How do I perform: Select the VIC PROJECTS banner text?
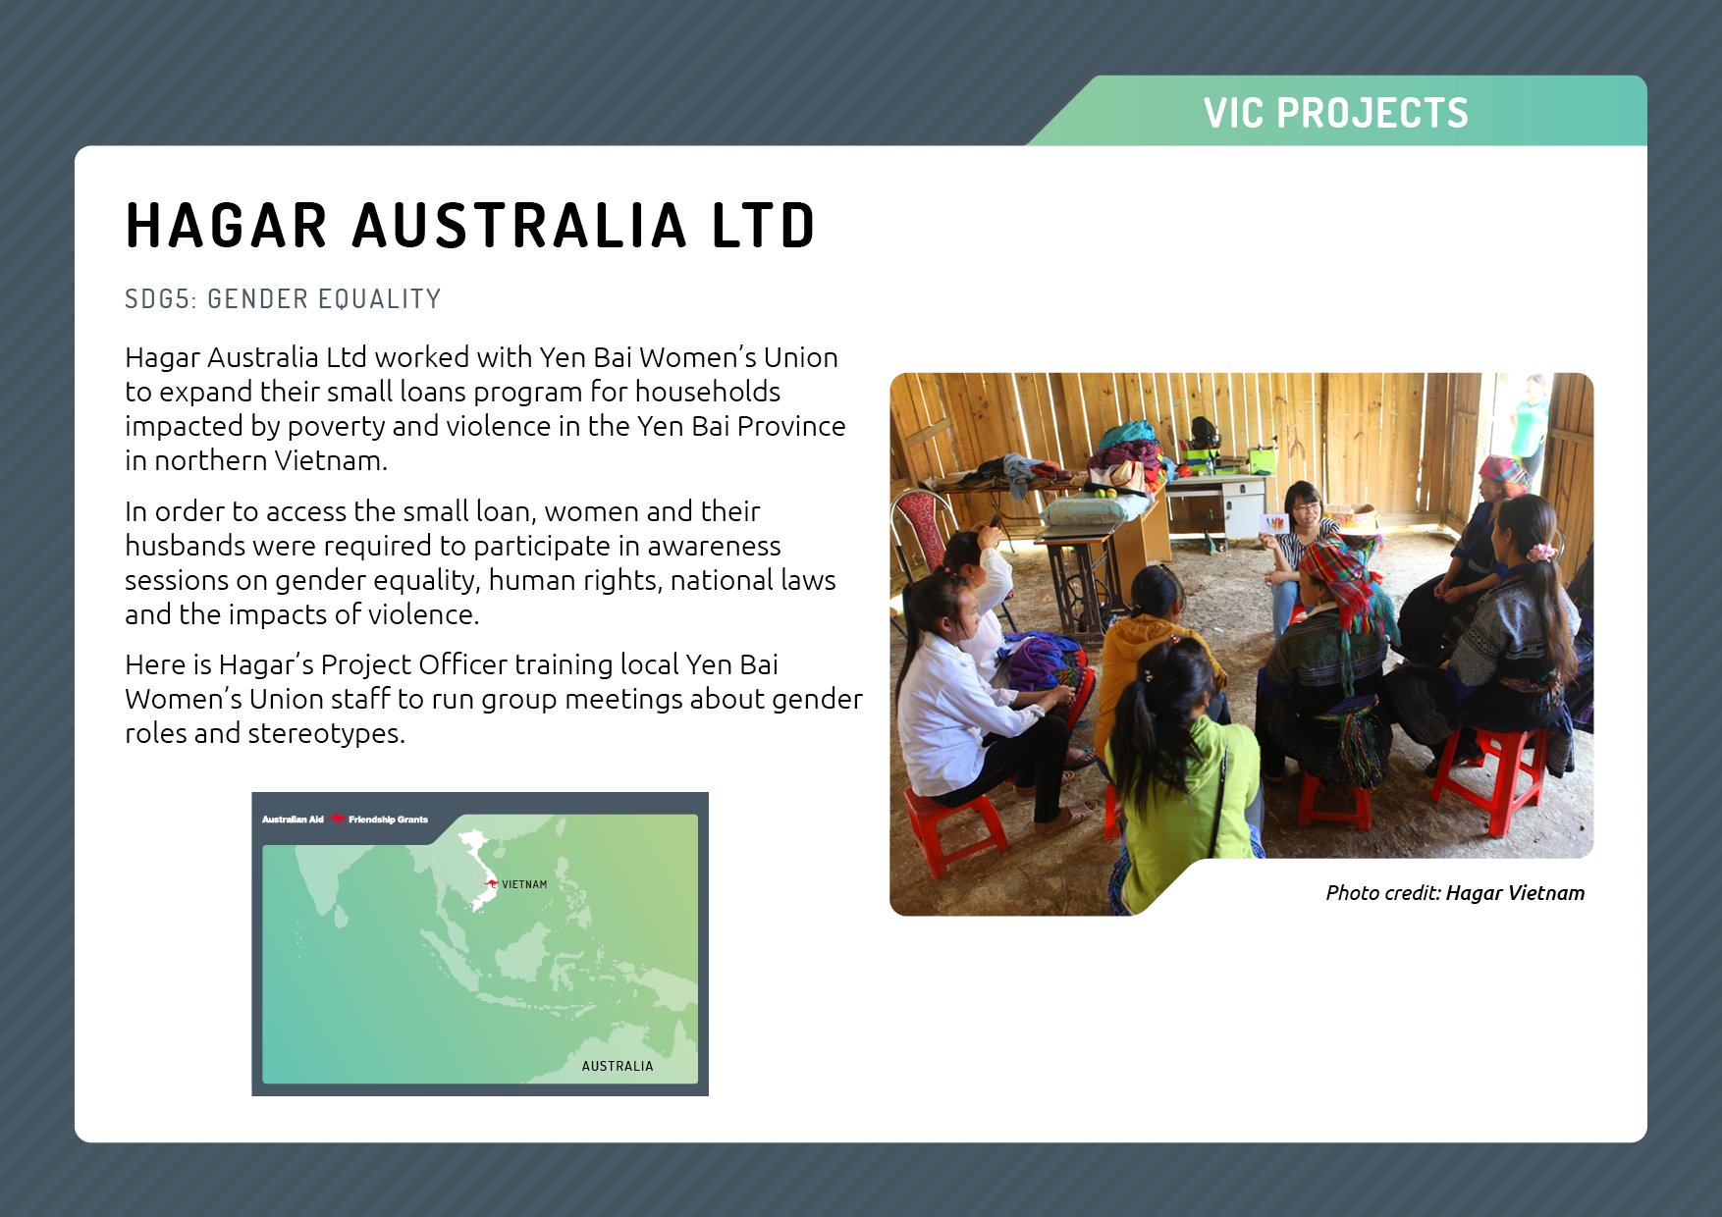point(1335,113)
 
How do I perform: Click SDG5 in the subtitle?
point(160,298)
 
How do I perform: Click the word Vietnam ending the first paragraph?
point(330,460)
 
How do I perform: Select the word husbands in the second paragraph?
point(184,546)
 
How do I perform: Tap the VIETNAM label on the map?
point(524,884)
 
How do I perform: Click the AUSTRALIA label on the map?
point(618,1066)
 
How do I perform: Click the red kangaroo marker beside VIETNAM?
point(492,883)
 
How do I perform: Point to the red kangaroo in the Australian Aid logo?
point(337,819)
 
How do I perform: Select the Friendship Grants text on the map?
point(388,820)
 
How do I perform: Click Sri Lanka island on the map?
point(341,917)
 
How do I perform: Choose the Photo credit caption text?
point(1455,893)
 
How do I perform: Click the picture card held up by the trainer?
point(1274,523)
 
